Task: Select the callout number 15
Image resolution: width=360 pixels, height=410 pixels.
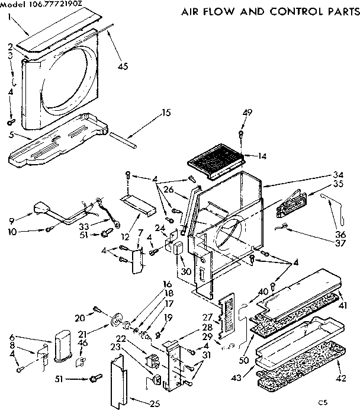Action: pyautogui.click(x=166, y=112)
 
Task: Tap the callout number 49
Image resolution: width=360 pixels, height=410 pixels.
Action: pyautogui.click(x=247, y=112)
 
